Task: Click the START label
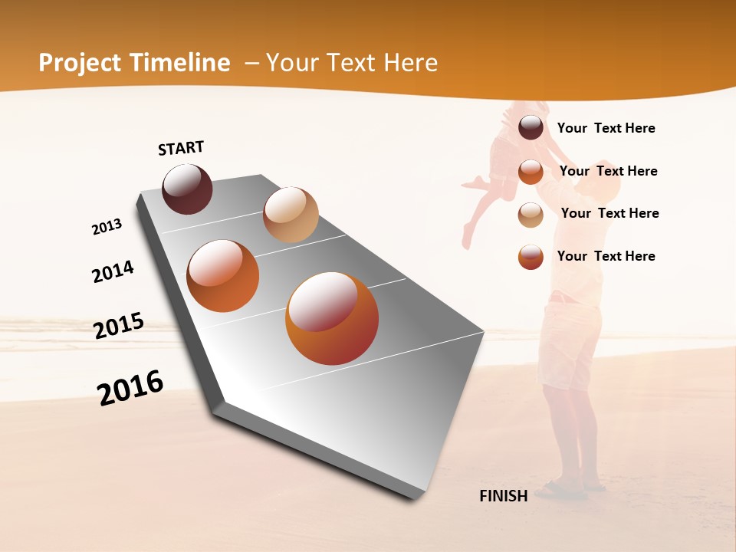(x=181, y=148)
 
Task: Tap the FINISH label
(x=503, y=496)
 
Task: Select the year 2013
(x=107, y=227)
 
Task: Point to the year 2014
(x=113, y=271)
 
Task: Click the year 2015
(x=119, y=326)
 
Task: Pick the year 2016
(x=130, y=387)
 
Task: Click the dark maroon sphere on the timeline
(x=188, y=189)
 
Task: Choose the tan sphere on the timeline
(x=291, y=214)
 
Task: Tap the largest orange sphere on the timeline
(x=332, y=318)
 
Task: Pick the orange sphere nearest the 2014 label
(x=223, y=276)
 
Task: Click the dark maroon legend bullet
(x=531, y=128)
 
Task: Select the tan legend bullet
(x=531, y=215)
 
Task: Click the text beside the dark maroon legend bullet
(x=606, y=128)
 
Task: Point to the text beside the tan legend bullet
(x=609, y=213)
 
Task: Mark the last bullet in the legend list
(x=531, y=257)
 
